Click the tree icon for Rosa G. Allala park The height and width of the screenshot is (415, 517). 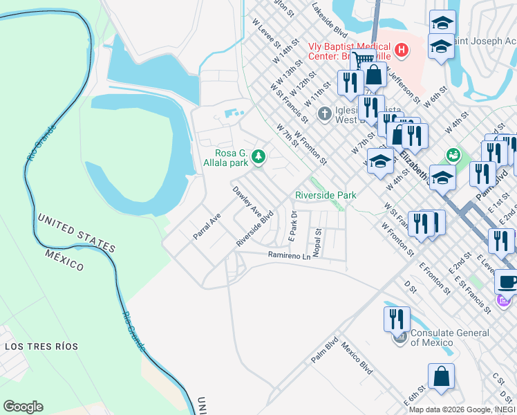(x=258, y=157)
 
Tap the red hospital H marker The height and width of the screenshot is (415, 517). (x=399, y=50)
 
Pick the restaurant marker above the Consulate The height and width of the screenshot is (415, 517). (x=397, y=319)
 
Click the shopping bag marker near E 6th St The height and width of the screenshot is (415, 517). (x=441, y=376)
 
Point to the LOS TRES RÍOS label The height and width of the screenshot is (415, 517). (x=41, y=346)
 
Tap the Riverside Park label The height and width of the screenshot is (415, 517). (x=326, y=196)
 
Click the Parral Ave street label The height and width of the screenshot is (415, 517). (x=207, y=226)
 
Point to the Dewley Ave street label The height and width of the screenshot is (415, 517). (x=246, y=200)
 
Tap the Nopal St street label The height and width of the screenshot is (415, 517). (x=317, y=243)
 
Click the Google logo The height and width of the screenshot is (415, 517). (x=23, y=407)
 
